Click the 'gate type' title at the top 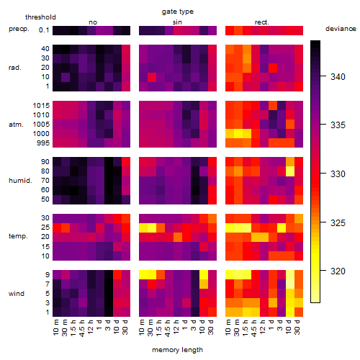tap(178, 12)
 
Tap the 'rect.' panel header tap(262, 22)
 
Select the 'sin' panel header tap(177, 22)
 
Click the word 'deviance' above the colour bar tap(341, 29)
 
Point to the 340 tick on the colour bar tap(323, 76)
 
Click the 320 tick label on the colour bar tap(338, 271)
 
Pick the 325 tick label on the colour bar tap(338, 223)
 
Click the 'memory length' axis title tap(177, 350)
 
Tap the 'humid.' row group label tap(20, 181)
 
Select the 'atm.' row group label tap(16, 125)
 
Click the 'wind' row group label tap(17, 294)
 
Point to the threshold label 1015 tap(41, 106)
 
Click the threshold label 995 tap(43, 143)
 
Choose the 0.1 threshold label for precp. tap(44, 30)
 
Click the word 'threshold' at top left tap(40, 17)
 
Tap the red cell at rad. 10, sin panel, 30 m tap(152, 77)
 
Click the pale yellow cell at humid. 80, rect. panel tap(290, 171)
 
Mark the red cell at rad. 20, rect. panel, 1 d tap(273, 68)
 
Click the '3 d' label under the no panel tap(108, 325)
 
